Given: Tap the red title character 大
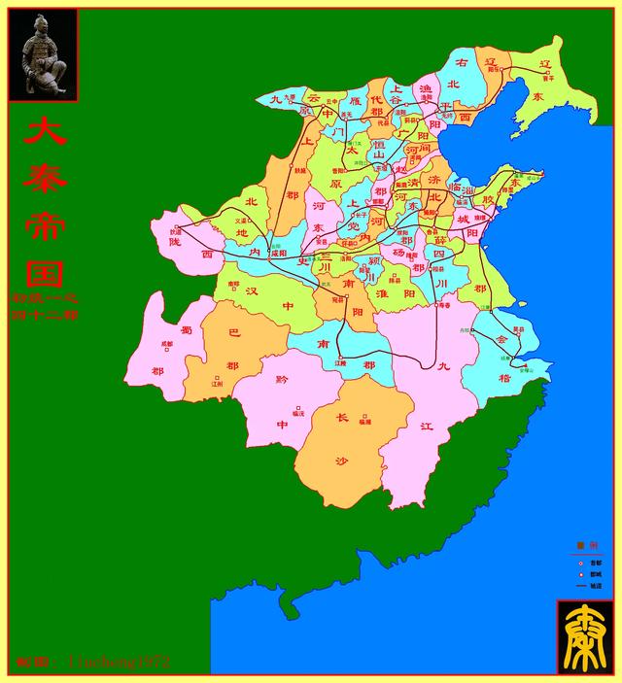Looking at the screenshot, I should [x=45, y=131].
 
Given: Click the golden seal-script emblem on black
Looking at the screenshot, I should [x=586, y=636].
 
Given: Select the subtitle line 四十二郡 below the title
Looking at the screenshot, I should [x=46, y=315].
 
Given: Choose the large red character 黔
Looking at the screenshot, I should [x=283, y=380].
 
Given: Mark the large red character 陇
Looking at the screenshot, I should [x=174, y=243].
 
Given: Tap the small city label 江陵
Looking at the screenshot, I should [x=340, y=362].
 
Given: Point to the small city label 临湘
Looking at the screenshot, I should [x=364, y=422].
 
